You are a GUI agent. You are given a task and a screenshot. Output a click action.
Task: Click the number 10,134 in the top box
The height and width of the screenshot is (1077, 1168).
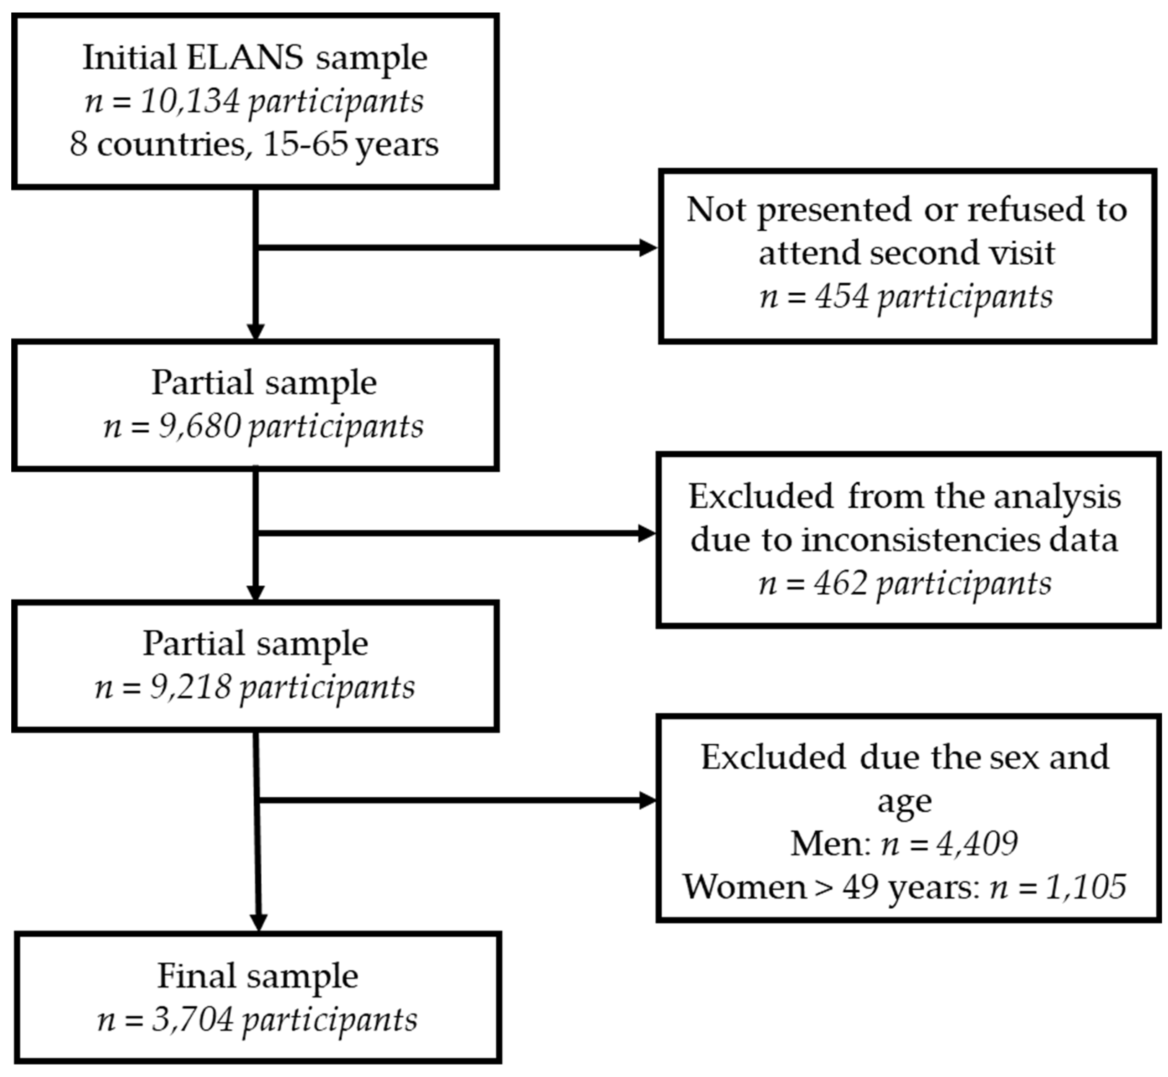click(x=190, y=101)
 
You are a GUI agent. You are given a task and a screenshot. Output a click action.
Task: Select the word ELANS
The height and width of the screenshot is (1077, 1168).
click(x=245, y=58)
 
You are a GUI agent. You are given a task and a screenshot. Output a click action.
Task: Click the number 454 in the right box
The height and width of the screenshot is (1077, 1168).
click(x=842, y=296)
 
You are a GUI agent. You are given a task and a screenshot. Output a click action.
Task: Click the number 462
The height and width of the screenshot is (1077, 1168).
click(x=841, y=583)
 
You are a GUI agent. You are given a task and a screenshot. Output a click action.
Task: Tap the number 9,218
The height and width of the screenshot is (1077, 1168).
click(x=190, y=687)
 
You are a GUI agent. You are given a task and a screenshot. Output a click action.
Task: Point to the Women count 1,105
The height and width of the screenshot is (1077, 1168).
click(x=1085, y=886)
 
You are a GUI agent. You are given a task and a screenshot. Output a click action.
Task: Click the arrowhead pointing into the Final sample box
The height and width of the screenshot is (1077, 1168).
click(x=258, y=922)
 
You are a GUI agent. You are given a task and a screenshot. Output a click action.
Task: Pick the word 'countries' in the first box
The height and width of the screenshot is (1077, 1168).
click(x=171, y=144)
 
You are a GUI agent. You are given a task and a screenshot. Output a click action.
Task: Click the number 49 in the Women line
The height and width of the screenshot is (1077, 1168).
click(x=860, y=886)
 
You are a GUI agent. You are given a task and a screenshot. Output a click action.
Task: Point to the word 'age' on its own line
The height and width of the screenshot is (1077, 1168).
click(x=905, y=801)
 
